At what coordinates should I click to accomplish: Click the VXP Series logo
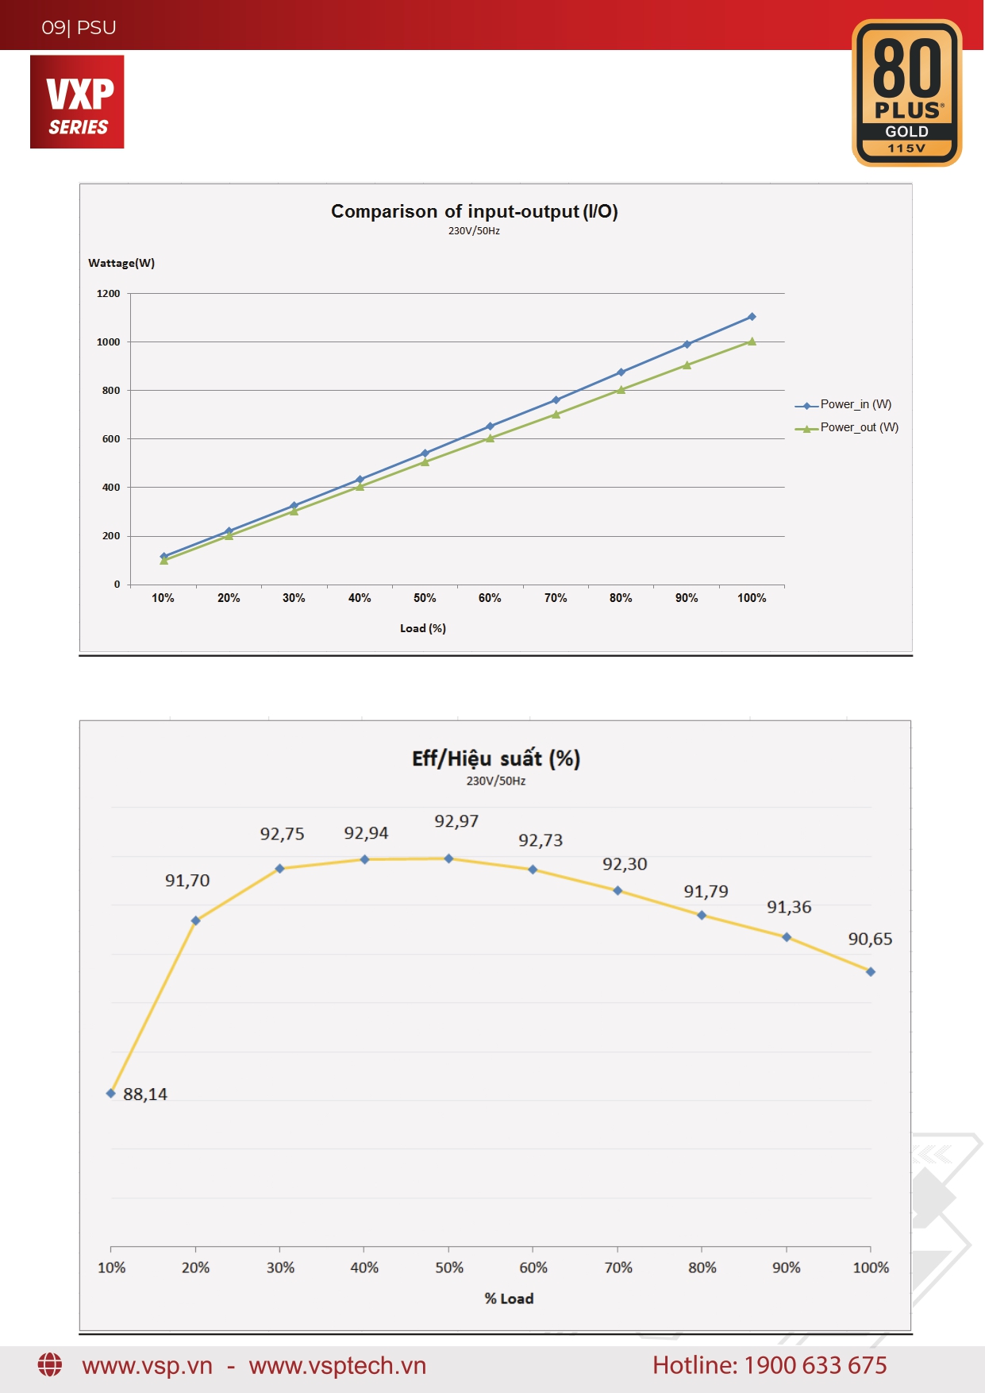(x=77, y=102)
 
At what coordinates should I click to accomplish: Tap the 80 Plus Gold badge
(x=906, y=93)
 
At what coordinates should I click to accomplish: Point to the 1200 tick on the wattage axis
(x=108, y=294)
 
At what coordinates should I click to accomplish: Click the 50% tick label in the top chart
(x=425, y=598)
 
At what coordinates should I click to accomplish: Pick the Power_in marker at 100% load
(x=752, y=317)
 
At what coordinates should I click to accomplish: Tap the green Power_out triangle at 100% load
(x=752, y=341)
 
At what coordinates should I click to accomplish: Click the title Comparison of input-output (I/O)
(x=474, y=211)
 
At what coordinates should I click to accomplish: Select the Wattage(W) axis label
(x=121, y=263)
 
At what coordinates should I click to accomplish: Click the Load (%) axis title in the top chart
(x=423, y=628)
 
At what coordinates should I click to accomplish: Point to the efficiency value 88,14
(x=145, y=1094)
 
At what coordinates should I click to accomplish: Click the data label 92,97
(x=456, y=821)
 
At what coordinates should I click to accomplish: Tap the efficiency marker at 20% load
(x=195, y=920)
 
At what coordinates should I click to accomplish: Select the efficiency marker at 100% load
(x=871, y=971)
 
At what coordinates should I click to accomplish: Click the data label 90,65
(x=870, y=939)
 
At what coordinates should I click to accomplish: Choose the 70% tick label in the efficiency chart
(x=618, y=1268)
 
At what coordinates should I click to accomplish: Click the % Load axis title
(x=509, y=1298)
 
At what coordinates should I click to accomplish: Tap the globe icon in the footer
(x=50, y=1365)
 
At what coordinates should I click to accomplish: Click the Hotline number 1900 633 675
(x=815, y=1365)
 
